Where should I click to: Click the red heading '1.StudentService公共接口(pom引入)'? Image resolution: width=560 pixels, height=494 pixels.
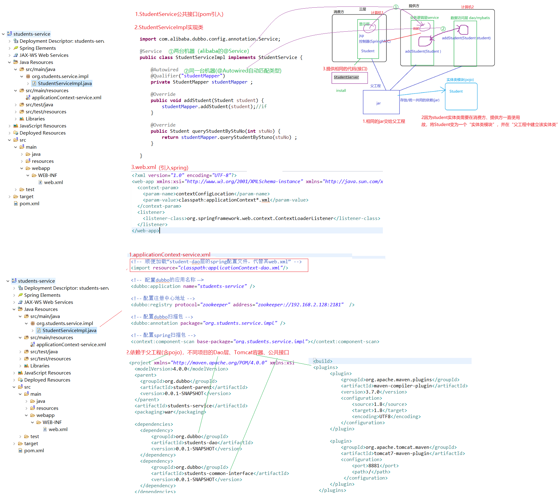179,14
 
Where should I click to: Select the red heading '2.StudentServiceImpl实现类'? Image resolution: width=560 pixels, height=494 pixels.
169,27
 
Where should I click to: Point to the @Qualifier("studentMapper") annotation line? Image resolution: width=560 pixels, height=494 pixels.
188,76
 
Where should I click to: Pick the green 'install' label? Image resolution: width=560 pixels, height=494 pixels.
341,91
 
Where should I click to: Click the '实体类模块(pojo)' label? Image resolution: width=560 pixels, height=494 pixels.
460,80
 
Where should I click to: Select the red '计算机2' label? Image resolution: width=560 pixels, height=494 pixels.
467,7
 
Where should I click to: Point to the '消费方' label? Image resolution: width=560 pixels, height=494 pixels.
339,12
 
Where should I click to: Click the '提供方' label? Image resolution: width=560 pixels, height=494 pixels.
414,6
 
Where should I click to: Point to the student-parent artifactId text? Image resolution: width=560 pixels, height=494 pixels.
192,387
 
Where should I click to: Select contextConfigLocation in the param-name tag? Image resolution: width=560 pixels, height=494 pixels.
205,194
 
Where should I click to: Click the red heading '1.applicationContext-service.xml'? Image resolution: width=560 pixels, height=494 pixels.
170,255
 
